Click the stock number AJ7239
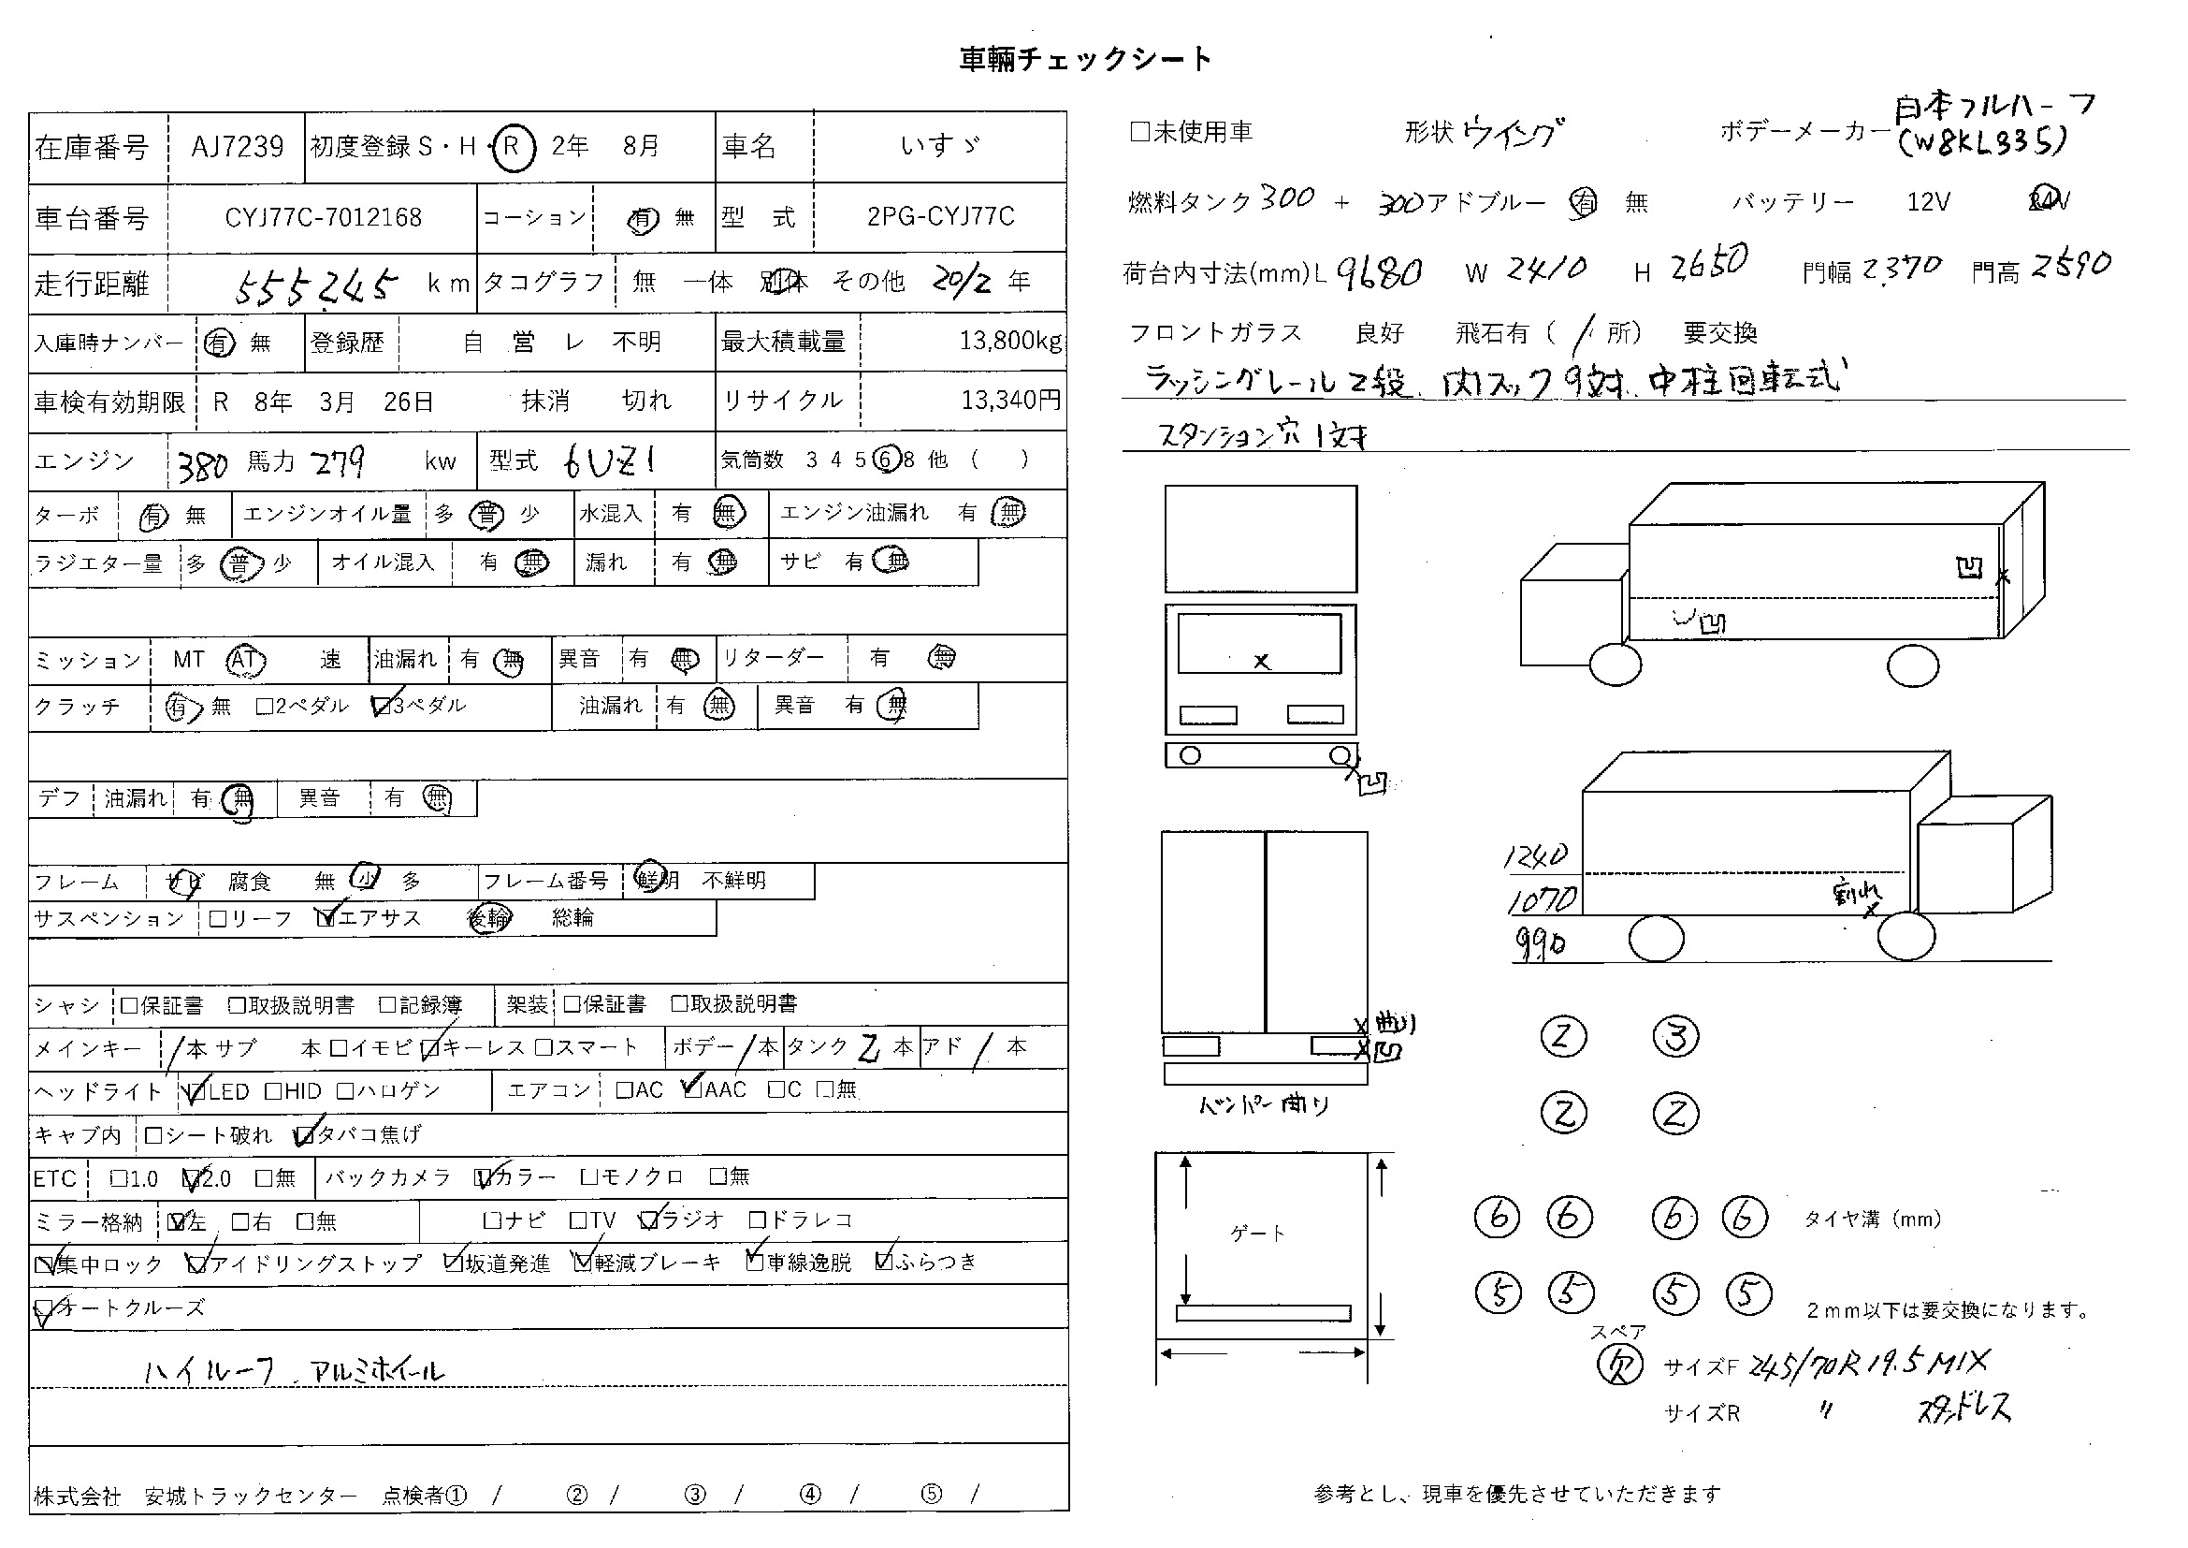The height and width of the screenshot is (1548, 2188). (x=238, y=147)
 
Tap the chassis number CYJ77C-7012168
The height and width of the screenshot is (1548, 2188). (x=323, y=217)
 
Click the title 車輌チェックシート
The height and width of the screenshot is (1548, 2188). (x=1085, y=60)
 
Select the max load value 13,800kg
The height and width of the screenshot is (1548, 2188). (x=1010, y=342)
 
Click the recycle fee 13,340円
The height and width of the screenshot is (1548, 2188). (x=1010, y=401)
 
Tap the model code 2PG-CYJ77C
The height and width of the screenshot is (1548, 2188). (x=940, y=216)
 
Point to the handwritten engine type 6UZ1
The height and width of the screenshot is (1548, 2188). (x=610, y=462)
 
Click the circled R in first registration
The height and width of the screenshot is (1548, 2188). (x=512, y=147)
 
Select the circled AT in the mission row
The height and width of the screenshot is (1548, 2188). (x=245, y=660)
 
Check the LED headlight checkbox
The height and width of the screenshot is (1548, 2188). (x=197, y=1091)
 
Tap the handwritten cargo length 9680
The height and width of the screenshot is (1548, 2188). (x=1379, y=273)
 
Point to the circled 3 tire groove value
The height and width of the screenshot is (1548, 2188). (x=1675, y=1037)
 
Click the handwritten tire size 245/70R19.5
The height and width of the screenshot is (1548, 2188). (x=1839, y=1365)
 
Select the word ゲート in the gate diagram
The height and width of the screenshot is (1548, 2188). (x=1258, y=1234)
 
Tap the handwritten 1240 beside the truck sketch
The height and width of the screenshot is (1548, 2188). (x=1535, y=855)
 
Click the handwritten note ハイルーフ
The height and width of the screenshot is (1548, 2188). (x=210, y=1372)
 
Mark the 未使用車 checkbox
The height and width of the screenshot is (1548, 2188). (x=1139, y=132)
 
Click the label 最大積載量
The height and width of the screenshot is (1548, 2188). (x=783, y=342)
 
